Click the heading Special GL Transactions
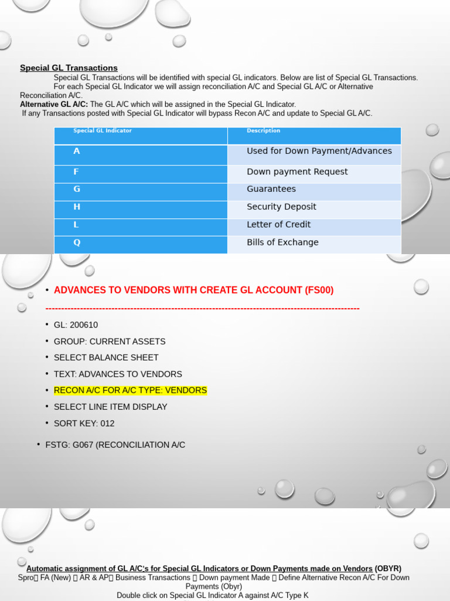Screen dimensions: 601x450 click(x=69, y=68)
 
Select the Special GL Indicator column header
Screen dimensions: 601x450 click(x=103, y=131)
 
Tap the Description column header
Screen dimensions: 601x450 click(x=264, y=131)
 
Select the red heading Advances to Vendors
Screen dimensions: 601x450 click(x=193, y=290)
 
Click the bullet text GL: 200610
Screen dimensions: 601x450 click(x=76, y=325)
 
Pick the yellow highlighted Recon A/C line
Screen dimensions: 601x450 click(x=130, y=390)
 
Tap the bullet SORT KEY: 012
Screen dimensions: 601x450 click(x=84, y=423)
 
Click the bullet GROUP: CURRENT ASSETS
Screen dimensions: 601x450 click(x=110, y=342)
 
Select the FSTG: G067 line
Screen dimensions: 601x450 click(x=115, y=445)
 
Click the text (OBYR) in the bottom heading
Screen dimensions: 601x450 click(x=388, y=569)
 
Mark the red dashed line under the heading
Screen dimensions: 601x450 click(x=202, y=309)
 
